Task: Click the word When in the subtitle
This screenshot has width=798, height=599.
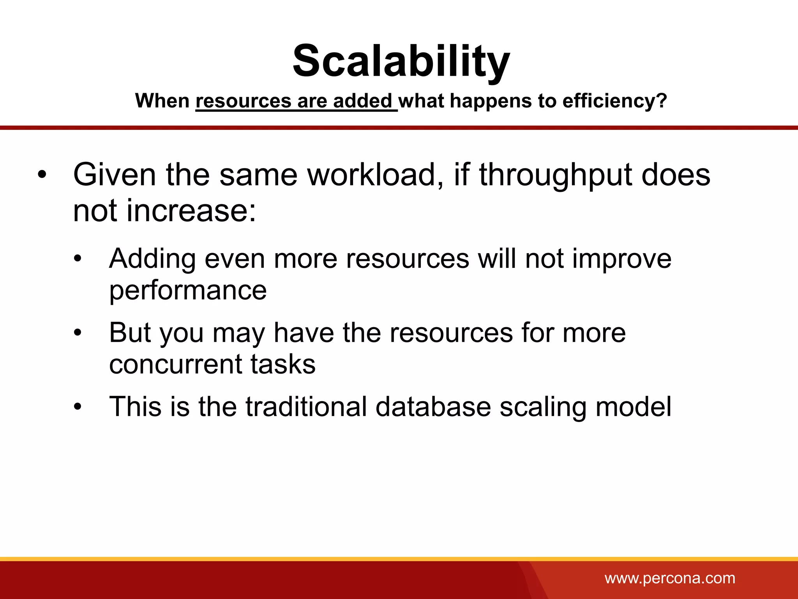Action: pos(162,101)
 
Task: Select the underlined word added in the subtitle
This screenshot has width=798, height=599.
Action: pos(362,101)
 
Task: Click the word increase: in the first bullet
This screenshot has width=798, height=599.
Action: pos(191,211)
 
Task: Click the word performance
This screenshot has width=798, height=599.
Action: pos(188,291)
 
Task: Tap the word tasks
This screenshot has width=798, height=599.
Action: pos(282,364)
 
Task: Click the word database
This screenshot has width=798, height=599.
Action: pos(433,407)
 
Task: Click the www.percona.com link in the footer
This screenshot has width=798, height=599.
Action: pos(670,578)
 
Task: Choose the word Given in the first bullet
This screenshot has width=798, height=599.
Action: pos(115,175)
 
